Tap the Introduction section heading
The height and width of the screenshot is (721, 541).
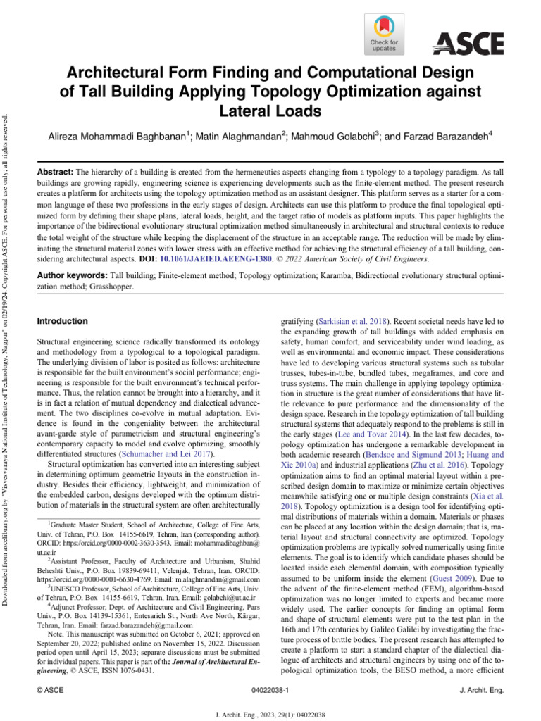point(62,321)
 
